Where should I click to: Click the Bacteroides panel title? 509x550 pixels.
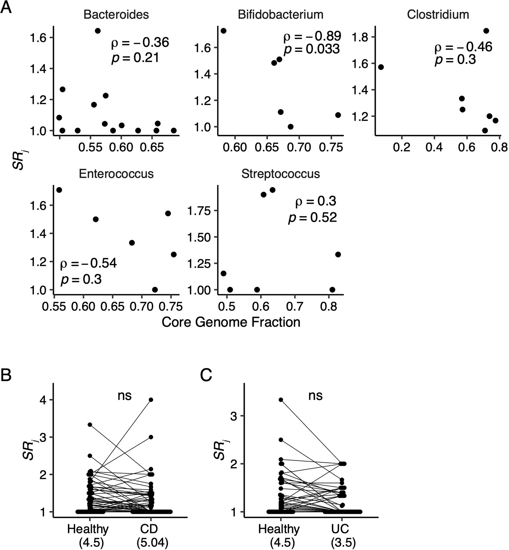(x=116, y=15)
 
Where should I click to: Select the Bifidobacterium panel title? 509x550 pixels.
(x=280, y=15)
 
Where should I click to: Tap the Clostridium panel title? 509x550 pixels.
(x=438, y=15)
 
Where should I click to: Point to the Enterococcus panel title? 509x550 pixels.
(x=116, y=174)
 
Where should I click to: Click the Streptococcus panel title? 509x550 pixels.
(x=280, y=174)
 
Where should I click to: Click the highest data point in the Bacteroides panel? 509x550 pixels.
(x=97, y=31)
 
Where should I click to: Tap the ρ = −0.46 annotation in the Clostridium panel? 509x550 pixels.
(x=463, y=47)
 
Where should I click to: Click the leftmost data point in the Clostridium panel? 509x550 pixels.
(x=381, y=67)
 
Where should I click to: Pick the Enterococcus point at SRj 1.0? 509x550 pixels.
(x=155, y=290)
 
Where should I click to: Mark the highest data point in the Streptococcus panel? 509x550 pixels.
(x=273, y=190)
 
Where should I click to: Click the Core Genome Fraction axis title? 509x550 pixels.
(x=231, y=322)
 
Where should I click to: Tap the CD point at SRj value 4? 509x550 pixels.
(x=151, y=400)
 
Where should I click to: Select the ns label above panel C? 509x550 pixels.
(x=315, y=396)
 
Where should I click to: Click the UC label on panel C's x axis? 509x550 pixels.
(x=342, y=529)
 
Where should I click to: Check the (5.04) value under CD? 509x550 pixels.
(x=152, y=542)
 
